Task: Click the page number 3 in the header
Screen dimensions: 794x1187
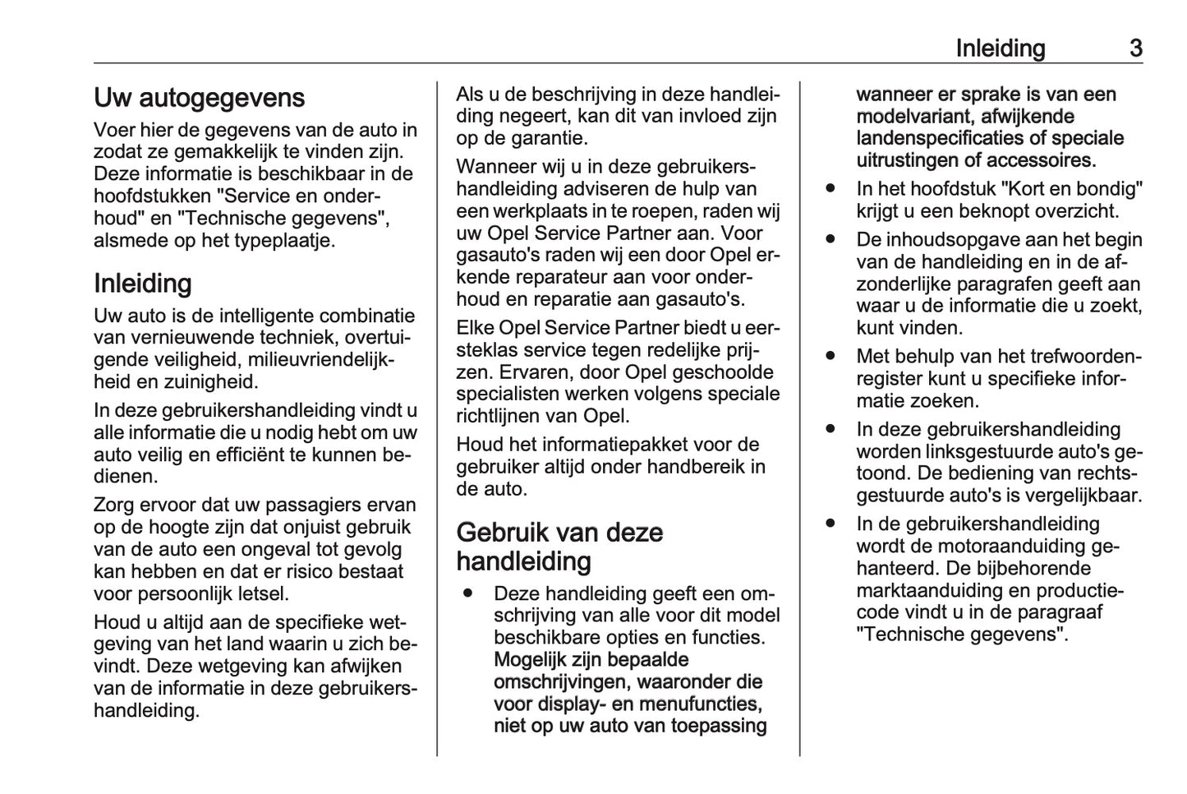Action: coord(1135,48)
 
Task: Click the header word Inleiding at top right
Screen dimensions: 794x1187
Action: coord(1000,48)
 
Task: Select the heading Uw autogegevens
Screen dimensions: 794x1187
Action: coord(199,98)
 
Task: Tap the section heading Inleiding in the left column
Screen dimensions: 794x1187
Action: coord(143,284)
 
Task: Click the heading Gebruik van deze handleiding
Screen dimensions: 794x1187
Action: coord(559,547)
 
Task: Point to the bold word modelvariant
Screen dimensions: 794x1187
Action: coord(913,117)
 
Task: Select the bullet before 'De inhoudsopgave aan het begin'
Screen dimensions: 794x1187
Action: coord(830,240)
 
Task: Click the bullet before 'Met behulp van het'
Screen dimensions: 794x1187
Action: coord(830,357)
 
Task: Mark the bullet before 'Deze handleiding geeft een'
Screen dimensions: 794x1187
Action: coord(467,593)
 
